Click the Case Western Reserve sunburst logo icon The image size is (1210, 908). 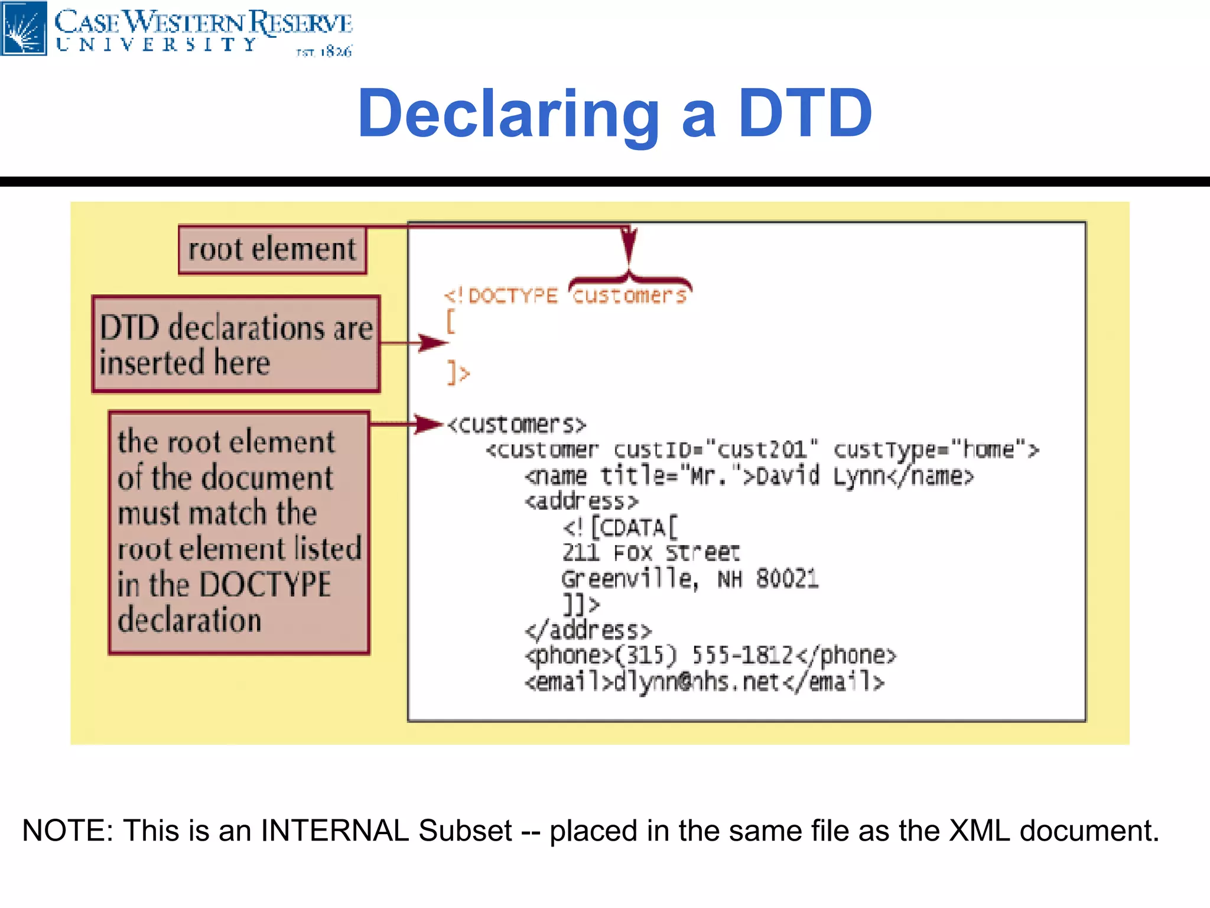[x=24, y=28]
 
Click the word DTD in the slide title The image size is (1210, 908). [x=805, y=113]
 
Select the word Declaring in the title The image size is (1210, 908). [x=508, y=113]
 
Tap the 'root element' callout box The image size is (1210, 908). [x=272, y=249]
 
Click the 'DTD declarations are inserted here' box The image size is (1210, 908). [x=236, y=344]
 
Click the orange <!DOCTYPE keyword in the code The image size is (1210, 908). [x=501, y=296]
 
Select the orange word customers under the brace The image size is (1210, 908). [x=629, y=296]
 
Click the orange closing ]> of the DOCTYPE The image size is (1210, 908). [x=458, y=373]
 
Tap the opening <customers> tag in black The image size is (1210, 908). [x=516, y=424]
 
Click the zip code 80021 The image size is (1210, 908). [x=787, y=579]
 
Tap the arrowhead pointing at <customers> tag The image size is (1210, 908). [x=428, y=424]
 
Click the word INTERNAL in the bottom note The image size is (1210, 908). [x=334, y=831]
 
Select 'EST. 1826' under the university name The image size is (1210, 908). [x=324, y=52]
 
